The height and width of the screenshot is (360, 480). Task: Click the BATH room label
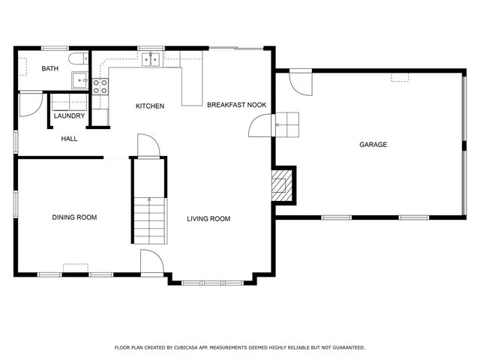(49, 69)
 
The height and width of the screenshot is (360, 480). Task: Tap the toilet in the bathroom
(76, 60)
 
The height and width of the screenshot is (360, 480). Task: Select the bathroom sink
(79, 78)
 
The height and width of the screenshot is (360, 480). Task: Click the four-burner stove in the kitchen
(100, 85)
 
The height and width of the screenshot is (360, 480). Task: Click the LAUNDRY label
(69, 116)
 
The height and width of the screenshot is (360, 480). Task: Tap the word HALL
(69, 139)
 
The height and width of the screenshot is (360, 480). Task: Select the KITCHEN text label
(149, 106)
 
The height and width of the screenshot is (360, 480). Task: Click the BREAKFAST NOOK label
(236, 106)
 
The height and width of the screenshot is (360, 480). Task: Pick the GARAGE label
(373, 145)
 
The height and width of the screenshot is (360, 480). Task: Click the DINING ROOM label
(74, 217)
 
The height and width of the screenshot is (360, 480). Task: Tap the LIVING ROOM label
(208, 219)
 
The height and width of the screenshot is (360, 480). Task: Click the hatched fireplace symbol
(280, 184)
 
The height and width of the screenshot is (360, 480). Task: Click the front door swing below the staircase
(152, 262)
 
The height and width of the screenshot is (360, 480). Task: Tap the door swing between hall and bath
(30, 104)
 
